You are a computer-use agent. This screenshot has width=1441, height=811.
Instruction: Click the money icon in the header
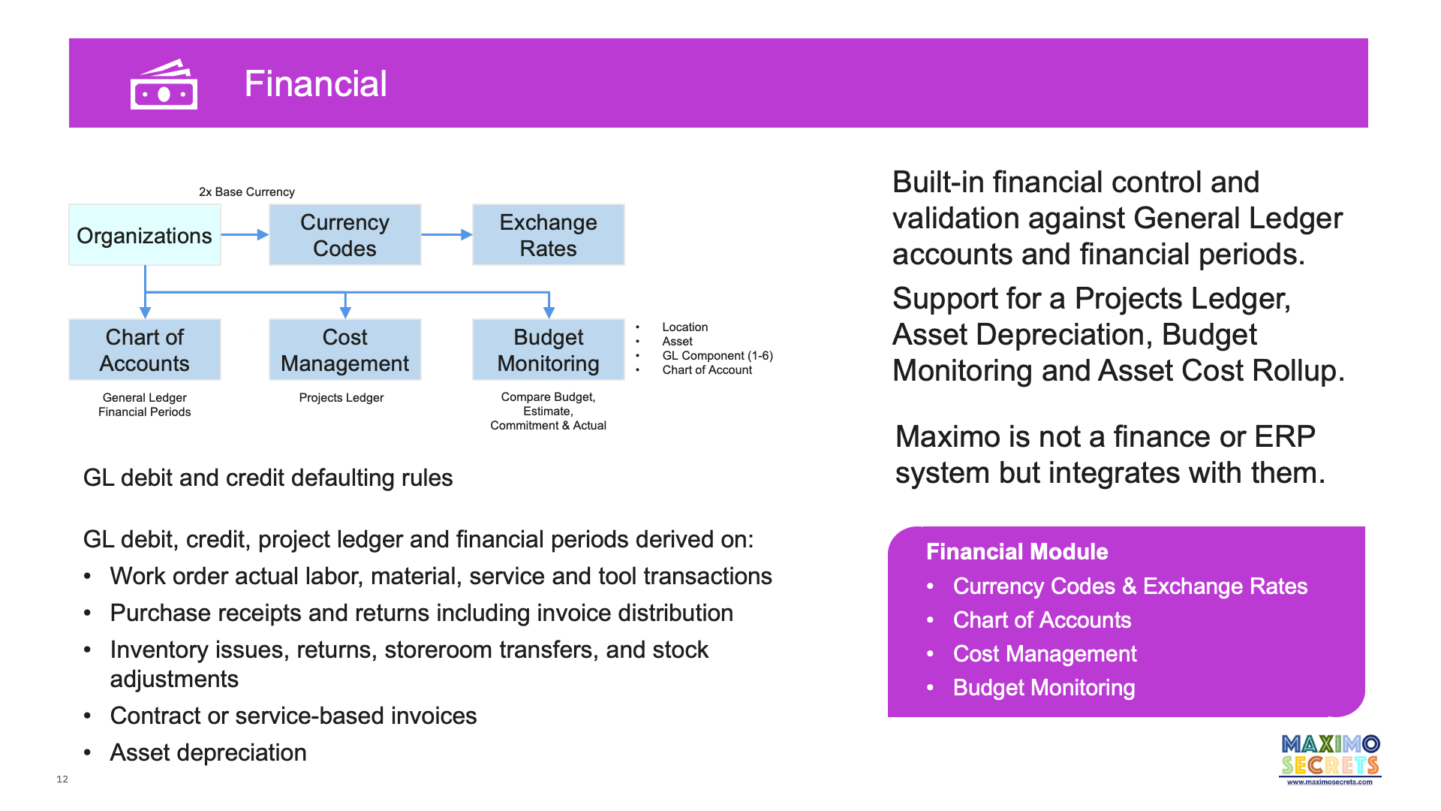[164, 85]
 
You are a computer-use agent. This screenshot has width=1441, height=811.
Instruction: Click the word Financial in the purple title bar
[315, 83]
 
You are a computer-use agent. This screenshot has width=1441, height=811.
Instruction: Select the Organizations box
[144, 235]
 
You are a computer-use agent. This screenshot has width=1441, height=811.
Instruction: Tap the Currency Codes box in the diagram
[344, 235]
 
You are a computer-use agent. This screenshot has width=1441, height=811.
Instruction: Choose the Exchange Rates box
[548, 235]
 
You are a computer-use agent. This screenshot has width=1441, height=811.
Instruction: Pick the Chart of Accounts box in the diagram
[144, 350]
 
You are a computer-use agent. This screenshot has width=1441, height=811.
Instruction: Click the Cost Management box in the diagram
[344, 350]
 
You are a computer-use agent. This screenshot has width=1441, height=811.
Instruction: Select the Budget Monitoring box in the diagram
[548, 350]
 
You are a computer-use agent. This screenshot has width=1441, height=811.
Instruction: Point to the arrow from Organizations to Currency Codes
[245, 235]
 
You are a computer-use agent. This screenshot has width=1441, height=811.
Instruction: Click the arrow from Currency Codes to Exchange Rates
[447, 235]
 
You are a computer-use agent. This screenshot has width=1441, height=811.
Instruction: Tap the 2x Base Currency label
[246, 191]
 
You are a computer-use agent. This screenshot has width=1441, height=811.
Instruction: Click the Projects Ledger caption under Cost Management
[341, 397]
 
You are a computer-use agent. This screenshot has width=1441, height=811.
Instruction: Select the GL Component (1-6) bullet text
[717, 355]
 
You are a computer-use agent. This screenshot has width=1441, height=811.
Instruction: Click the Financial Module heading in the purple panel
[1016, 552]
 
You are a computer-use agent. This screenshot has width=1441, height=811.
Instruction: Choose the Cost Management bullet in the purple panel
[1044, 654]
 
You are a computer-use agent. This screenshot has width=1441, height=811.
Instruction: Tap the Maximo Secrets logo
[1330, 759]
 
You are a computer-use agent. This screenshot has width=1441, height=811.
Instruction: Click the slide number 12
[62, 779]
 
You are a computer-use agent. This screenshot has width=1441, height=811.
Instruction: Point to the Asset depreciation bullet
[208, 752]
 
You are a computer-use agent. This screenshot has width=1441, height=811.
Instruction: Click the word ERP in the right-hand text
[1284, 436]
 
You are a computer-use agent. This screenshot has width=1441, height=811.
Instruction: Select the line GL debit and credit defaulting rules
[267, 478]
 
